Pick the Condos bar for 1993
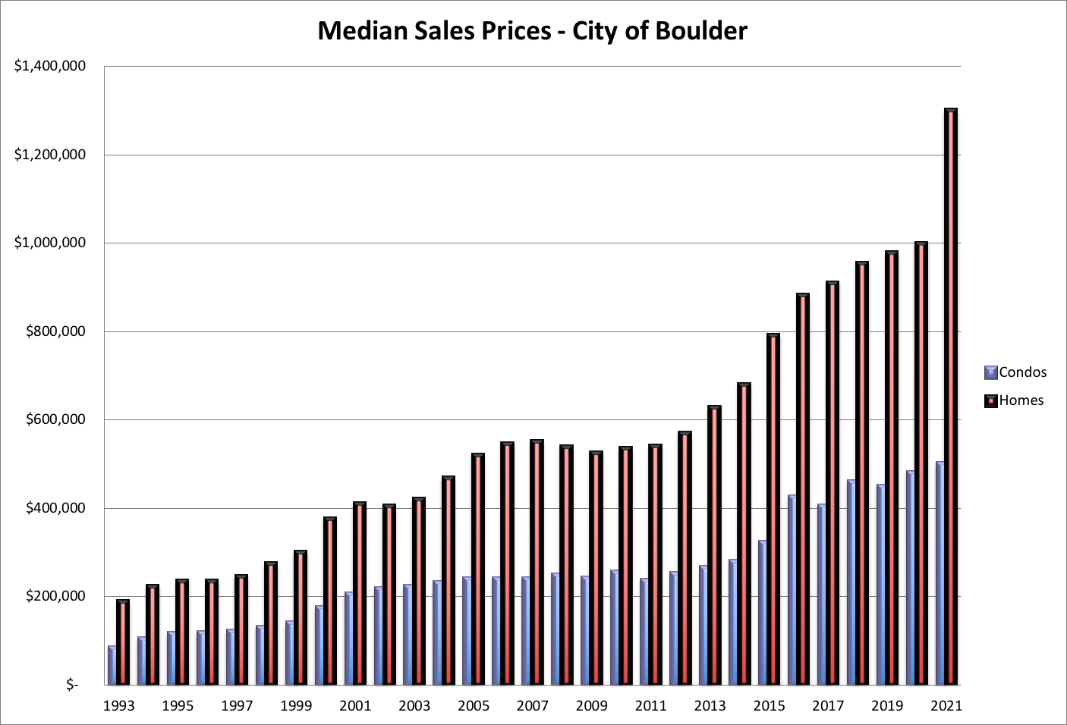pos(112,665)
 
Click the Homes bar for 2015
pos(773,509)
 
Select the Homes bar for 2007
pos(537,562)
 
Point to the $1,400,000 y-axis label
pos(50,66)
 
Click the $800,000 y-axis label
pos(55,331)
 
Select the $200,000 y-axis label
pos(55,596)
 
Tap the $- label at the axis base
pos(72,685)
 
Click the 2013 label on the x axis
pos(710,706)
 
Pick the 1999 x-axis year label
pos(296,706)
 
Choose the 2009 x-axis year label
pos(591,706)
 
